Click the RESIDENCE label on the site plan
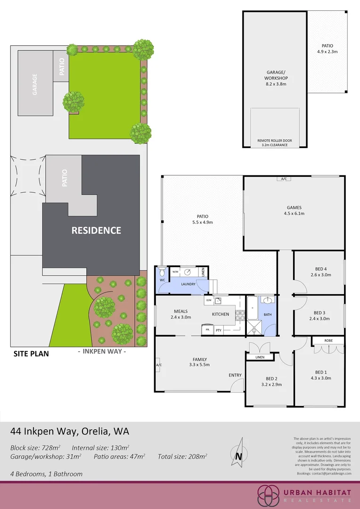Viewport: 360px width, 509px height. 96,230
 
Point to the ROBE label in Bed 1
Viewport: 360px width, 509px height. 328,340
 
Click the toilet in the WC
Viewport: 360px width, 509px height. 162,272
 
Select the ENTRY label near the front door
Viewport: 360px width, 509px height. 235,375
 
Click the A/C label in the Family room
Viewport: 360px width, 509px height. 158,365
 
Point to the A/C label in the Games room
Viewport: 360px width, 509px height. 284,179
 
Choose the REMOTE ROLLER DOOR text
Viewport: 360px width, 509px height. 275,140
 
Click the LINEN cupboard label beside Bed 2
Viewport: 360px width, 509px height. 260,357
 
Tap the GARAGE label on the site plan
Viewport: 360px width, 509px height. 35,84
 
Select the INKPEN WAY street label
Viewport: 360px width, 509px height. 101,351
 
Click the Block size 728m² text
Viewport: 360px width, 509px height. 38,447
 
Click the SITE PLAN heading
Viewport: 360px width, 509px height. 31,353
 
